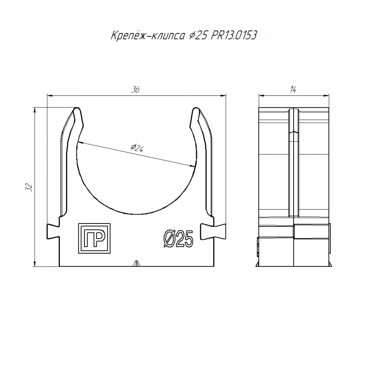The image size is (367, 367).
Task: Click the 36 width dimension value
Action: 135,89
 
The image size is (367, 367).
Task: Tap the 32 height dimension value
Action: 29,187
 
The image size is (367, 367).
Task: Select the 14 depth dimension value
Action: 293,89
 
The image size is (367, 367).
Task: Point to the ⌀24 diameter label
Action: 137,148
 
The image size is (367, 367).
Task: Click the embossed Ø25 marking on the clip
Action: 178,239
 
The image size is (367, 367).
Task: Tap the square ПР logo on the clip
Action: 94,238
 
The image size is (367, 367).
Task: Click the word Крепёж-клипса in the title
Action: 148,35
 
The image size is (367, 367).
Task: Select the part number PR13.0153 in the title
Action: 234,35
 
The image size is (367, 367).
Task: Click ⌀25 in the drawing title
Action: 198,35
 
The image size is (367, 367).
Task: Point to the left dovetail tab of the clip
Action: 53,232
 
